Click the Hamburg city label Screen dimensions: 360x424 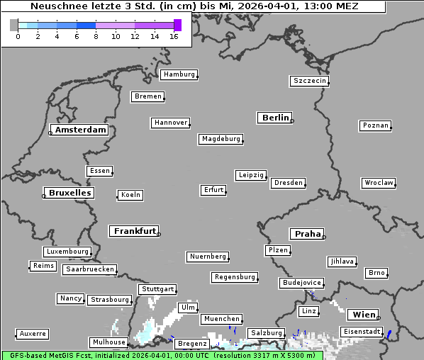(x=179, y=74)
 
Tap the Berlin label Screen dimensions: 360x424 (x=275, y=118)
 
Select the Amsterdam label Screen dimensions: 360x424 (x=80, y=130)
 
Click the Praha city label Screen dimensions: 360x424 (x=308, y=234)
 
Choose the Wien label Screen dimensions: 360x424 (x=364, y=315)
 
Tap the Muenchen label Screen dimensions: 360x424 (x=222, y=320)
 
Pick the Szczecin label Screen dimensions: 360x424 (x=310, y=81)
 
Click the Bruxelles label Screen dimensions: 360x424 (x=69, y=193)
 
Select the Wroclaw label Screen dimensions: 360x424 (x=378, y=183)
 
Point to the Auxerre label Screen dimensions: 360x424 (x=33, y=333)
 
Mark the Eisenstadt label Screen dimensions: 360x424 (x=362, y=332)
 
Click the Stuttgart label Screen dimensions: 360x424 (x=157, y=289)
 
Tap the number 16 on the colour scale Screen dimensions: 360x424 (x=174, y=36)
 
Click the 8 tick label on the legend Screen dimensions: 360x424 (x=96, y=36)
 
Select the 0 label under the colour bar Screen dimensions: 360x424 (x=18, y=36)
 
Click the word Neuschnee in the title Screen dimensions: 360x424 (x=54, y=6)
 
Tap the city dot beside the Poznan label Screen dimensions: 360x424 (x=390, y=128)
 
